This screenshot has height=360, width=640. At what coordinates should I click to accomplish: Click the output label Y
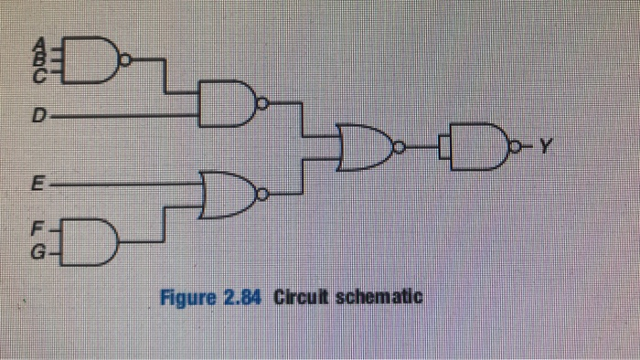546,143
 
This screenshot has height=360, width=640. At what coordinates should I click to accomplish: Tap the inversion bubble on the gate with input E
263,194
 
